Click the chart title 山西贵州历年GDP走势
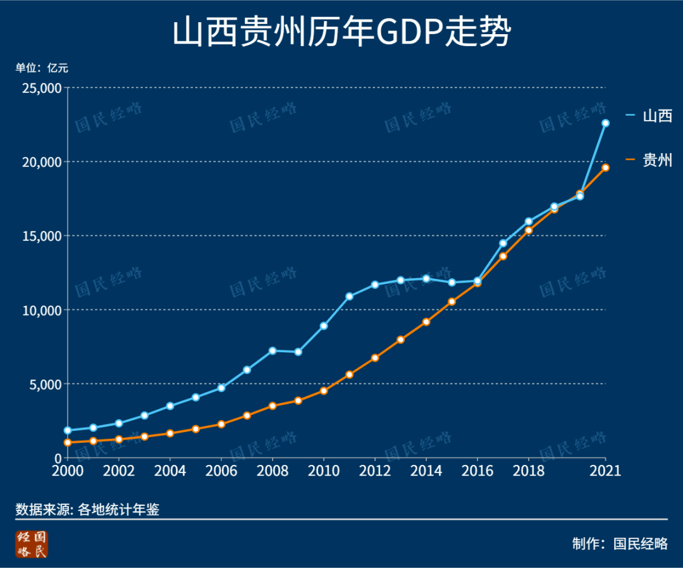pyautogui.click(x=341, y=32)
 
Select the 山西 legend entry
pyautogui.click(x=649, y=116)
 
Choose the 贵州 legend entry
pyautogui.click(x=649, y=160)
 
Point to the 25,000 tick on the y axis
pyautogui.click(x=42, y=88)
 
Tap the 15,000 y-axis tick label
pyautogui.click(x=42, y=236)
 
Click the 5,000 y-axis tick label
pyautogui.click(x=46, y=384)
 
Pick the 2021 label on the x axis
pyautogui.click(x=605, y=471)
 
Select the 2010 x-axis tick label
pyautogui.click(x=324, y=471)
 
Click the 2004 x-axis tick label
pyautogui.click(x=170, y=471)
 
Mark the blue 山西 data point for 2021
pyautogui.click(x=605, y=123)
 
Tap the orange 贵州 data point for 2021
pyautogui.click(x=605, y=168)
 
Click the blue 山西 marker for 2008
pyautogui.click(x=273, y=350)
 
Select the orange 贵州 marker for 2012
pyautogui.click(x=375, y=358)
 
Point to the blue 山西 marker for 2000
pyautogui.click(x=68, y=430)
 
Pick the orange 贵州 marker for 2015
pyautogui.click(x=452, y=302)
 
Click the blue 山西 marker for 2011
pyautogui.click(x=349, y=296)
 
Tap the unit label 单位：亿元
pyautogui.click(x=42, y=68)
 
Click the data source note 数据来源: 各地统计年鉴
pyautogui.click(x=87, y=509)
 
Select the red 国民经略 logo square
pyautogui.click(x=32, y=544)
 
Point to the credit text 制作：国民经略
pyautogui.click(x=620, y=543)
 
